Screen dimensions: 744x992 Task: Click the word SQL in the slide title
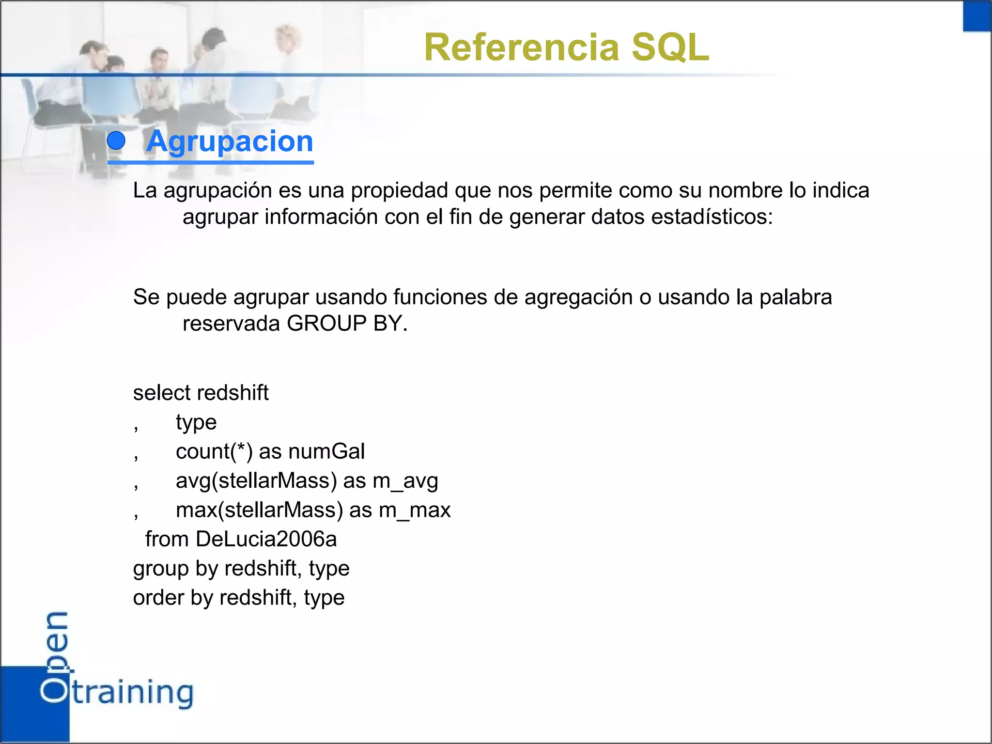(670, 47)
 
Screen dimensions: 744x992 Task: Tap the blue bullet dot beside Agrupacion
(116, 141)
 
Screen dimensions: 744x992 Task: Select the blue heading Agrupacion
(230, 141)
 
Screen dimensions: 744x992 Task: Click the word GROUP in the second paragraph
(326, 324)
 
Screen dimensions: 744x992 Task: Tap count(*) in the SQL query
(214, 451)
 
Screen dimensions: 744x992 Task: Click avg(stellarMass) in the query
(256, 481)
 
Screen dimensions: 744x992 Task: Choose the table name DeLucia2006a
(266, 540)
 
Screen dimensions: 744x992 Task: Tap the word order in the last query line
(158, 598)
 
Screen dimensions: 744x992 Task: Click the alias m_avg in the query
(405, 481)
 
